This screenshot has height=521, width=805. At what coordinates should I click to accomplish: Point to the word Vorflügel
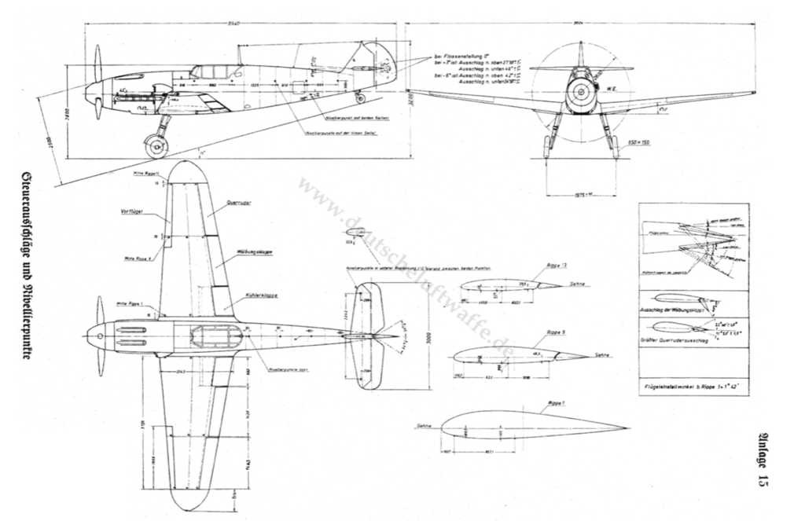pyautogui.click(x=130, y=211)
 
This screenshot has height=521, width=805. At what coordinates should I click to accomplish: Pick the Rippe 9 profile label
pyautogui.click(x=537, y=333)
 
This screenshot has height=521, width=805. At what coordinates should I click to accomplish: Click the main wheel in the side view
pyautogui.click(x=156, y=146)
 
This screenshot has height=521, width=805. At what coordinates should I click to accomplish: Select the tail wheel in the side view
pyautogui.click(x=360, y=99)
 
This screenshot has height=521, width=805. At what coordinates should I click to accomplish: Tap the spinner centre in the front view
pyautogui.click(x=580, y=93)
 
